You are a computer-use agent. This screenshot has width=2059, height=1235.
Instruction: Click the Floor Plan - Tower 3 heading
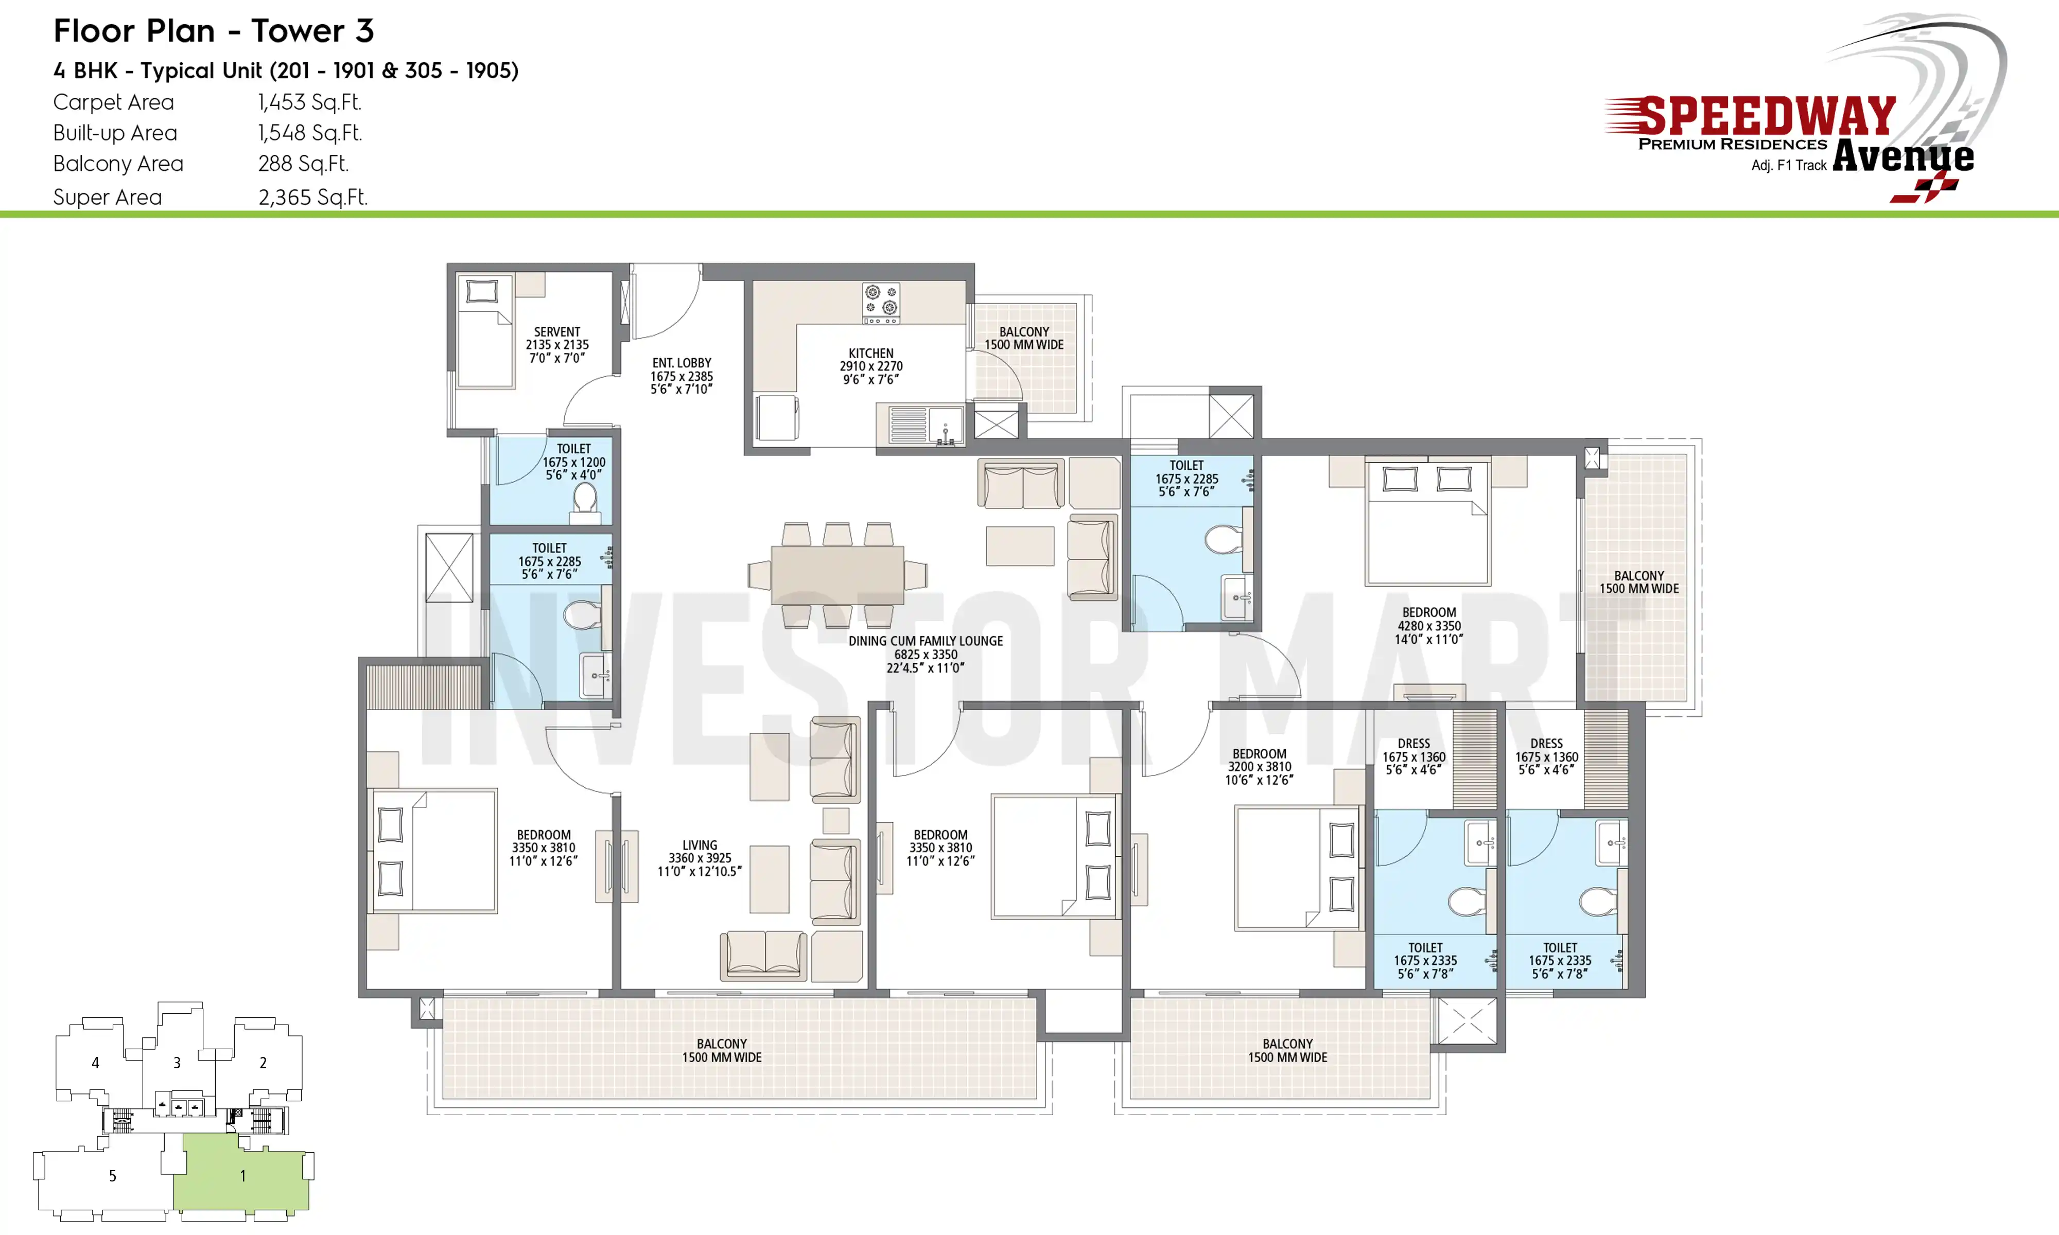click(214, 31)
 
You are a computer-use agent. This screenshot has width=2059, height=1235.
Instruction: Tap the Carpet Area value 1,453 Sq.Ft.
click(309, 102)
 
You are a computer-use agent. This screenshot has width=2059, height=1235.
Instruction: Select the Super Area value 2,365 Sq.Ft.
click(313, 197)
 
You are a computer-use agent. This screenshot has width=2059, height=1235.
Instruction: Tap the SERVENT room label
click(557, 332)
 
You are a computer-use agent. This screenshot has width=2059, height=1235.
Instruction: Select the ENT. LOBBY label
click(682, 363)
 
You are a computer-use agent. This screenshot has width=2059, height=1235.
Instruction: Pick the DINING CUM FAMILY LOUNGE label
click(926, 641)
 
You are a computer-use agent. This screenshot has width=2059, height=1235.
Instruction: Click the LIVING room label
click(700, 845)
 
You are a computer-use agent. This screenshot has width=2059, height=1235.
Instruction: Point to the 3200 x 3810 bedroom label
click(1259, 766)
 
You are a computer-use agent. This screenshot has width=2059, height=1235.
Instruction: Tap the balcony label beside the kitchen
click(1024, 338)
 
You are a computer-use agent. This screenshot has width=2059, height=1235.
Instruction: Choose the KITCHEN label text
click(870, 354)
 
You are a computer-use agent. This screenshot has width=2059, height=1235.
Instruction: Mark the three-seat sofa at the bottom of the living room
click(763, 956)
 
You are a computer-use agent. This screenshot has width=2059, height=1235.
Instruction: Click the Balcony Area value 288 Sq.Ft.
click(303, 164)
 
